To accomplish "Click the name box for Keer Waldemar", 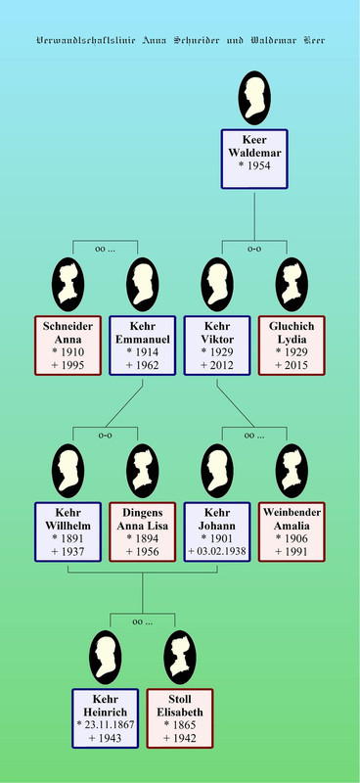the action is point(254,160).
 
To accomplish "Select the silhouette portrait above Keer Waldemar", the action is point(254,98).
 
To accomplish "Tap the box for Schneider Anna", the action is point(67,345).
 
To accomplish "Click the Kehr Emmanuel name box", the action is point(142,345).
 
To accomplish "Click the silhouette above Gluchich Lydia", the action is point(292,285).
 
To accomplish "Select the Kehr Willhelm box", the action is point(67,531).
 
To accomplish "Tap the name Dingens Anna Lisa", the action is point(142,520).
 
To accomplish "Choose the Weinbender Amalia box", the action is point(292,531).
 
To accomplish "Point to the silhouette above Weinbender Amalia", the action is point(292,471).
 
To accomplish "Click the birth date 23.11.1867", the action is point(109,725).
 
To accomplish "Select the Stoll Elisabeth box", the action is point(180,718).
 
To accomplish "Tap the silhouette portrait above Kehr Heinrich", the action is point(106,657).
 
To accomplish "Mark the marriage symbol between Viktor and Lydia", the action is point(254,249).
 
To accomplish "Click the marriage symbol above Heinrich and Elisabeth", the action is point(142,622).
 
